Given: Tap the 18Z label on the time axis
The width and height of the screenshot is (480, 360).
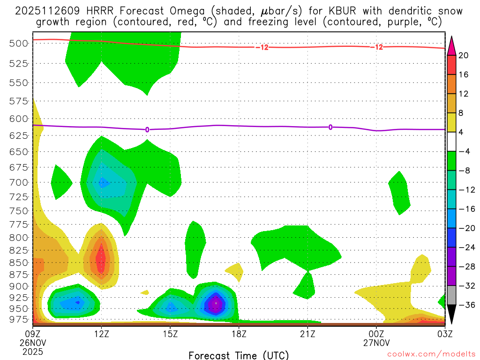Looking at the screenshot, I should point(239,334).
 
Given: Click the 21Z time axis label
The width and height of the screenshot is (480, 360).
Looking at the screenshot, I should point(307,334).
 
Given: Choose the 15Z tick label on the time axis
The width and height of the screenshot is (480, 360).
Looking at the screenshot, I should point(170,334).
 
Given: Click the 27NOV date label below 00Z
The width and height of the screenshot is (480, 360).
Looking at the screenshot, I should point(376,343).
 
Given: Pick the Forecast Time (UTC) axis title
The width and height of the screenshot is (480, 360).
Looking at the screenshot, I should point(239,355).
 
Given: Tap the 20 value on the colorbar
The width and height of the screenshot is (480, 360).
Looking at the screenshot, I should point(464,55).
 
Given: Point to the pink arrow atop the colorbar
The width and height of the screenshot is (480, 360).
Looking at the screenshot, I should point(451,45).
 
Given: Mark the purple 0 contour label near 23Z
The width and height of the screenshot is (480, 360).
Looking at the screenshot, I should point(330,127).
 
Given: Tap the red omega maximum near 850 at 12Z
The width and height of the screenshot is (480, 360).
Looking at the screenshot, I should point(100,259).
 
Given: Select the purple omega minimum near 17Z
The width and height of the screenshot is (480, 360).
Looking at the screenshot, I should point(216,303).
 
